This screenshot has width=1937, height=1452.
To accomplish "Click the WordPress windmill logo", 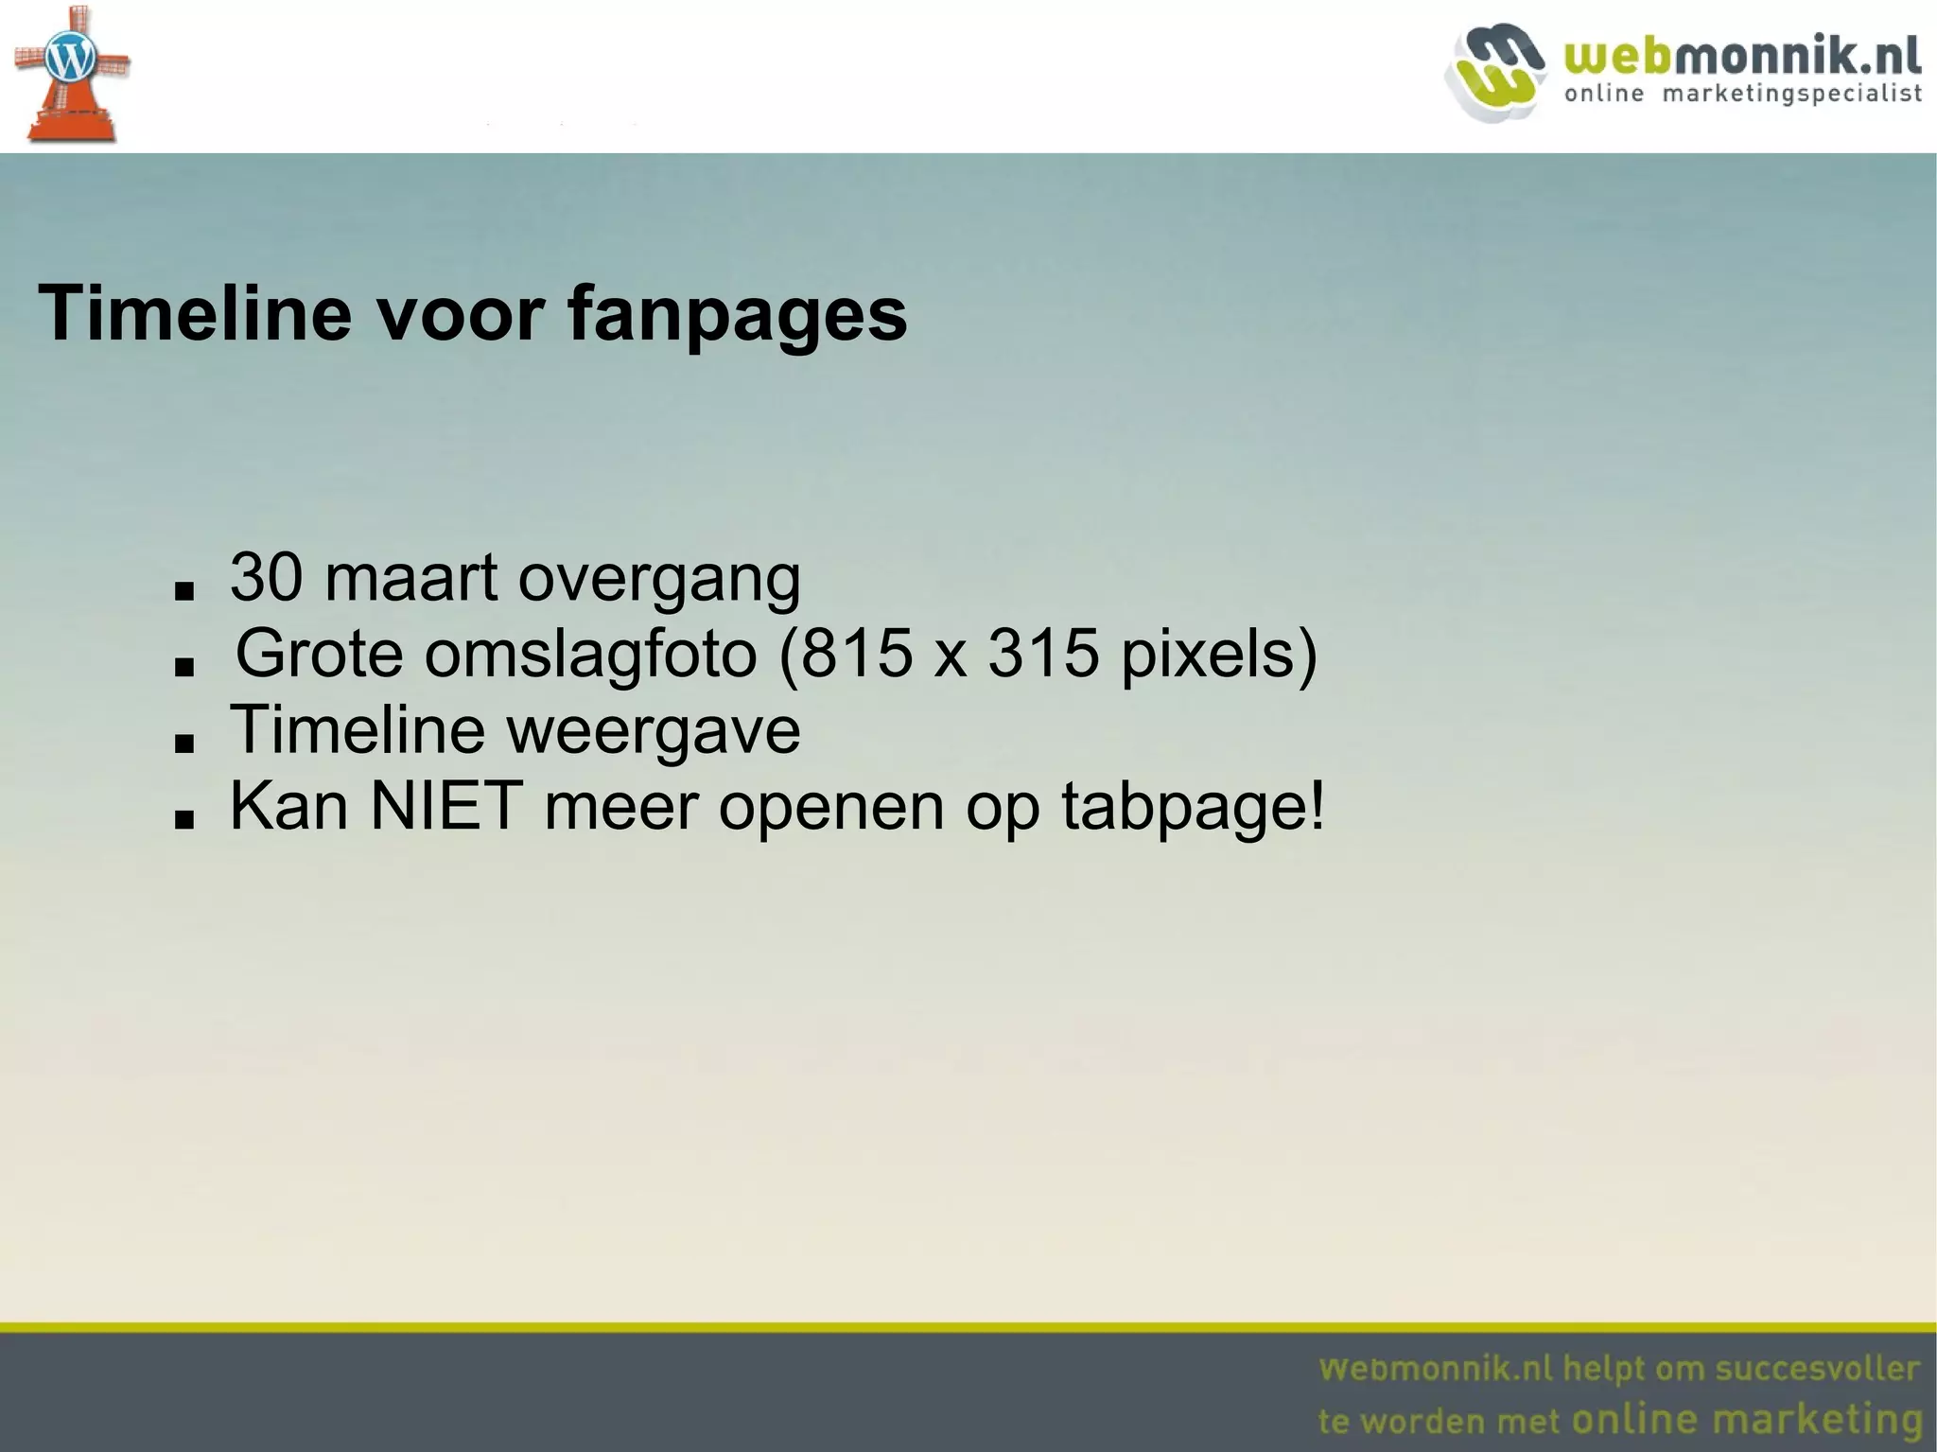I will [x=71, y=74].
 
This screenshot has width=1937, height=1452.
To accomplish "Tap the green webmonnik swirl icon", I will [x=1494, y=72].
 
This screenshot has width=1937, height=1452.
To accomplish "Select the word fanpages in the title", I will [x=737, y=315].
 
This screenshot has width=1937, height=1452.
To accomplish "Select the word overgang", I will [x=659, y=579].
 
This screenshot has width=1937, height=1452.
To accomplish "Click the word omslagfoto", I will [x=590, y=654].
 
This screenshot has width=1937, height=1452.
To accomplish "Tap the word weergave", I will [x=653, y=731].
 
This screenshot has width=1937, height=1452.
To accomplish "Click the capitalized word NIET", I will [x=446, y=806].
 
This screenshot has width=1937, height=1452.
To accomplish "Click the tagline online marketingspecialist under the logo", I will [x=1742, y=94].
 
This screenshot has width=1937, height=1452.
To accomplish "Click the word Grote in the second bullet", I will [x=319, y=654].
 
